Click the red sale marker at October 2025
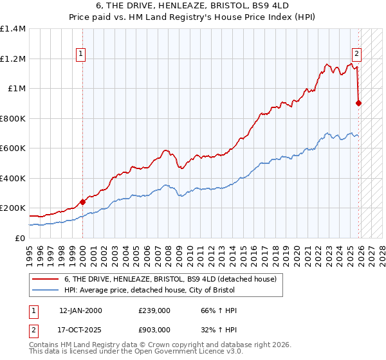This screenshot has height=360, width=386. [x=358, y=103]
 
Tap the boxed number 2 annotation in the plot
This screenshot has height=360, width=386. [x=356, y=55]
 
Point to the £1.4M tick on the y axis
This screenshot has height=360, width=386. [x=13, y=29]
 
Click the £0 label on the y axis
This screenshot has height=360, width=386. [x=21, y=238]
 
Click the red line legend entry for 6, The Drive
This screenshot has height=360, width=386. [x=170, y=279]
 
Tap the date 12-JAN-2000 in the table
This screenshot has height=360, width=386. [x=80, y=310]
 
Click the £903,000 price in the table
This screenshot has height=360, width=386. [x=154, y=329]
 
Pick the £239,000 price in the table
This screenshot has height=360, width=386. [x=154, y=310]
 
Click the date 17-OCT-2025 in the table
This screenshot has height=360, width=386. [x=80, y=329]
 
